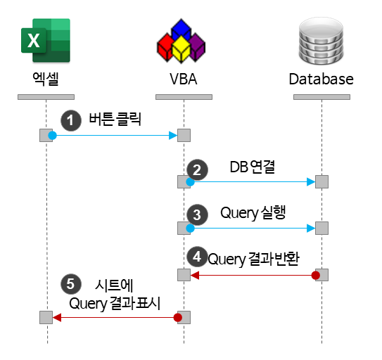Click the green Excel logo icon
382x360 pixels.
(46, 41)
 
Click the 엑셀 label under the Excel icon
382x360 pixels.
(46, 79)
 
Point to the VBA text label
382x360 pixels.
(182, 79)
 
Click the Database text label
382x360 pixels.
(321, 79)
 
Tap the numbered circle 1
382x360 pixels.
(69, 120)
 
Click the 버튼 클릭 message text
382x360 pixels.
(115, 120)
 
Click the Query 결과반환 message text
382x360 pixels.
(254, 259)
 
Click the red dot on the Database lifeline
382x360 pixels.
(316, 275)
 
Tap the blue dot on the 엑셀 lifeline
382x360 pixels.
(51, 135)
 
